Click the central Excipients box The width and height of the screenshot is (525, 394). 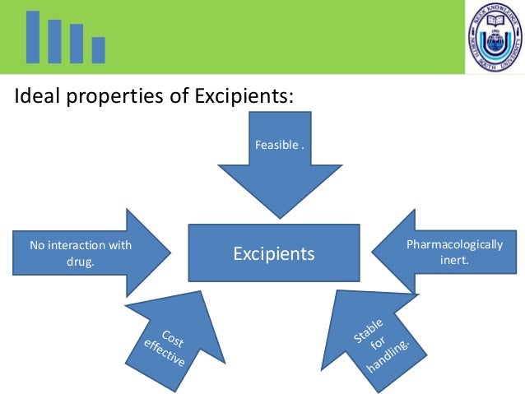point(273,253)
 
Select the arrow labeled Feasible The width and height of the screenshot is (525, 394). point(279,165)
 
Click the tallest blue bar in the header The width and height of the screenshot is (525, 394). point(33,37)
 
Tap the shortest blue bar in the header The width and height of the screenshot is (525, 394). point(98,50)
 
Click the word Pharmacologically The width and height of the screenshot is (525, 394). point(455,245)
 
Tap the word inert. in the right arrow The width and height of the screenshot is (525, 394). point(455,261)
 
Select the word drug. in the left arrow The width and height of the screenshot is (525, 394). point(80,262)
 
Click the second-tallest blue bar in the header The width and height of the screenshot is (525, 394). point(54,41)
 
